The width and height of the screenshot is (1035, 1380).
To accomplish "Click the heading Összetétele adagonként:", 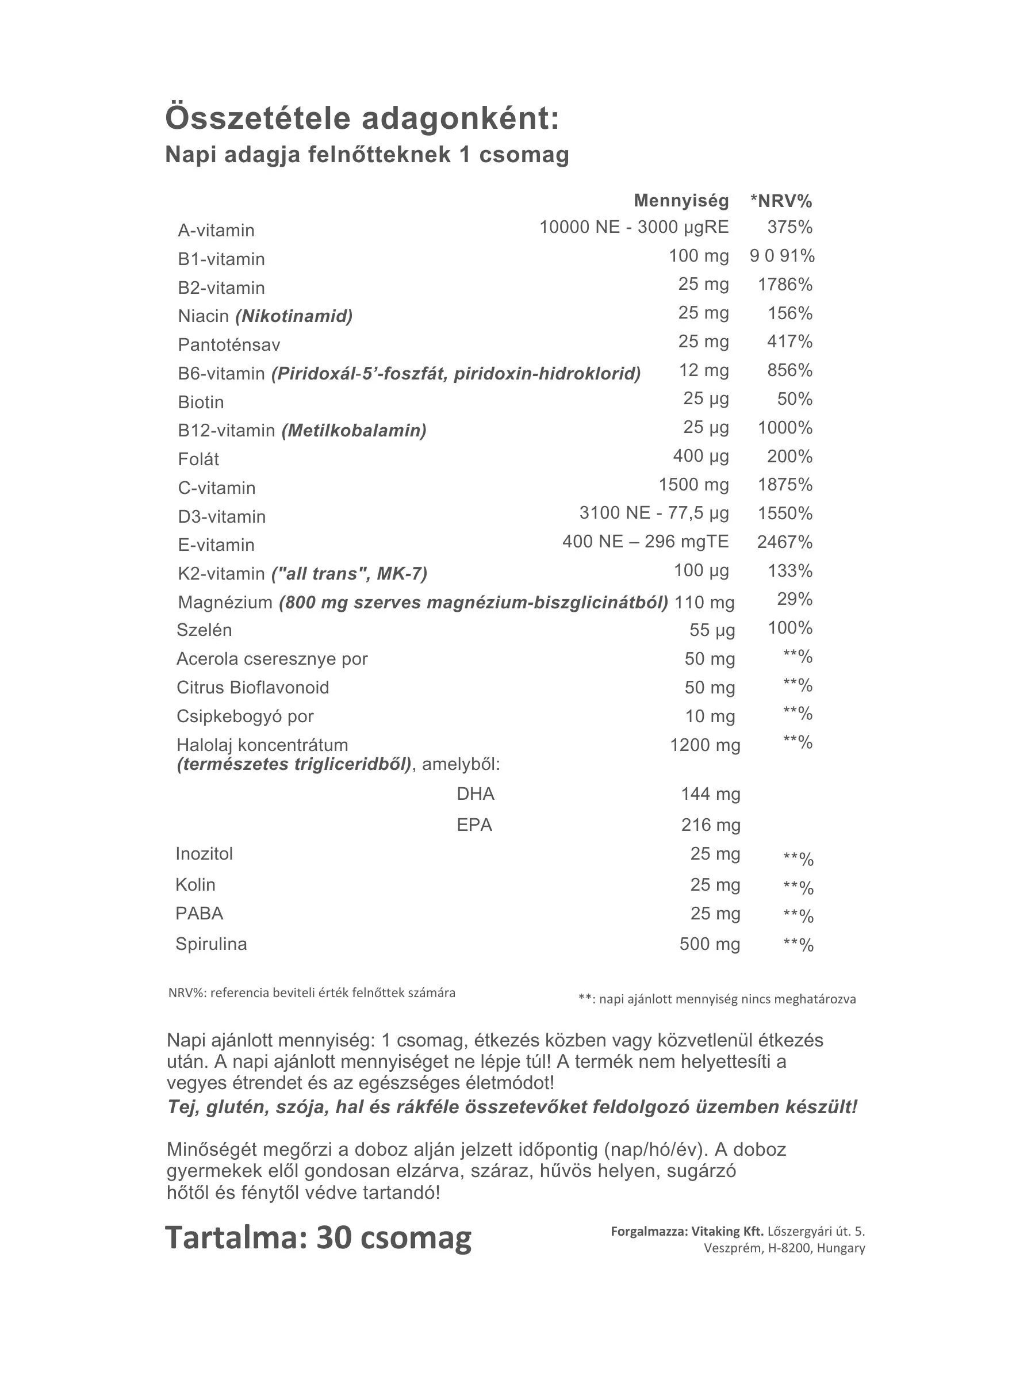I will pyautogui.click(x=362, y=118).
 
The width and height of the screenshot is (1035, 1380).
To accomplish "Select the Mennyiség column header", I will pyautogui.click(x=681, y=201).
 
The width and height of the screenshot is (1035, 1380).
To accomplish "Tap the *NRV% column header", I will pyautogui.click(x=780, y=201).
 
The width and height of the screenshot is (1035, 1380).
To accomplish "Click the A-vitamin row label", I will pyautogui.click(x=216, y=231).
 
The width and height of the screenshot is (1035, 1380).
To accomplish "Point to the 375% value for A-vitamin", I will pyautogui.click(x=789, y=227).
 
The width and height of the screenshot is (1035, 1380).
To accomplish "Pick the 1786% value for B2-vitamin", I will pyautogui.click(x=784, y=285).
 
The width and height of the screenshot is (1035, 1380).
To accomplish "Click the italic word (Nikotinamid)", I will pyautogui.click(x=294, y=316).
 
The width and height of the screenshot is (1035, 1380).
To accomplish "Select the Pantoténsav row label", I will pyautogui.click(x=229, y=345).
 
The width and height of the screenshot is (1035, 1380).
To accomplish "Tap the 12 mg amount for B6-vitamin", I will pyautogui.click(x=703, y=370).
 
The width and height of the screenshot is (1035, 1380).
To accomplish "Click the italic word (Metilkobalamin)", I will pyautogui.click(x=354, y=431).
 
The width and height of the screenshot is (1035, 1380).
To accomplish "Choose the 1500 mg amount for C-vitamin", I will pyautogui.click(x=693, y=485).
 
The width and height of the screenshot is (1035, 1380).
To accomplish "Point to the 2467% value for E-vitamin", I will pyautogui.click(x=784, y=542).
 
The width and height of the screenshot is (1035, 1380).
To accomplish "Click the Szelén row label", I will pyautogui.click(x=204, y=630).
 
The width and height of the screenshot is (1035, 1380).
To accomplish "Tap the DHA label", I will pyautogui.click(x=476, y=794).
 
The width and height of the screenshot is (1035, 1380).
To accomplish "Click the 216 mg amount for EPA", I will pyautogui.click(x=710, y=825).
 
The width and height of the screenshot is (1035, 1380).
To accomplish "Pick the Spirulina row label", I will pyautogui.click(x=211, y=944).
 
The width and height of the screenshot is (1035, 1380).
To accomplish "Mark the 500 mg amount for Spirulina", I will pyautogui.click(x=710, y=944).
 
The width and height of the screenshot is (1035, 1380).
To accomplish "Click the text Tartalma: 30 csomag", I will pyautogui.click(x=318, y=1237).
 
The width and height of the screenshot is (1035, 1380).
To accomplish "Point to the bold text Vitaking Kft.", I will pyautogui.click(x=727, y=1232).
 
